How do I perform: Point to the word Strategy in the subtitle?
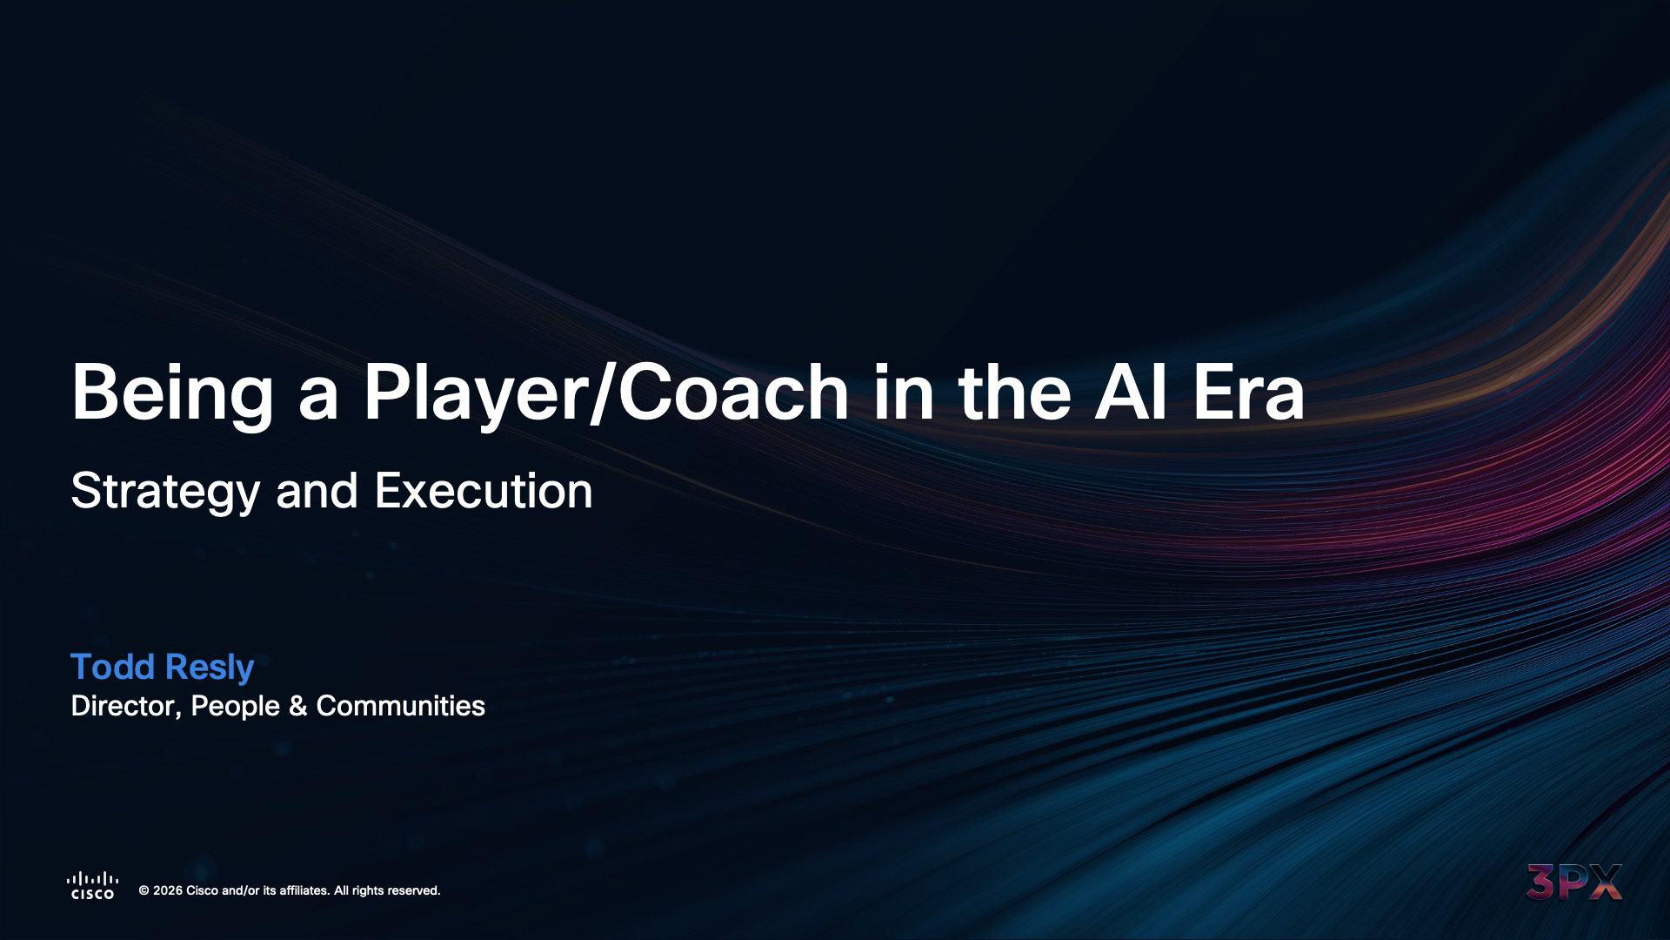[165, 493]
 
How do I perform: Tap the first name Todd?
[112, 667]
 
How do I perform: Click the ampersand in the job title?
[298, 706]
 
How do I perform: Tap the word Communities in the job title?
[401, 706]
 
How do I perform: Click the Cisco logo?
[93, 885]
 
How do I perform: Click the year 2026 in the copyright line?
[168, 890]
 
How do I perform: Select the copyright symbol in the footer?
[144, 890]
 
